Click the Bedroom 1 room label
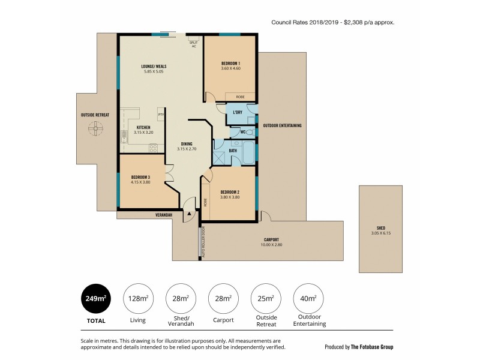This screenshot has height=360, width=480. point(231,64)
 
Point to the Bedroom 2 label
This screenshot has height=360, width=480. point(230,191)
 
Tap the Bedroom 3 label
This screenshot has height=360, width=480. point(140,177)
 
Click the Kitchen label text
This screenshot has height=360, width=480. point(143,128)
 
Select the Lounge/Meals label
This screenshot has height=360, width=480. point(154,67)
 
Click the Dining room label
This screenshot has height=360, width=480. point(187,143)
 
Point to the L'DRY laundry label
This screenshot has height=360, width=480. point(237,113)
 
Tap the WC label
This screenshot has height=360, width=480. point(243,131)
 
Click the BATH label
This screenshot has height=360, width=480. point(233,151)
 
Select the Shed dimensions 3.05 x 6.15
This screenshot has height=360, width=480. point(381,233)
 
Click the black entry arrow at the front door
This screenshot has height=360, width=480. point(190,212)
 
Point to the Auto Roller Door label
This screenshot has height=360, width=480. point(203,241)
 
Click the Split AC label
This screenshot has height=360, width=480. point(193,44)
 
